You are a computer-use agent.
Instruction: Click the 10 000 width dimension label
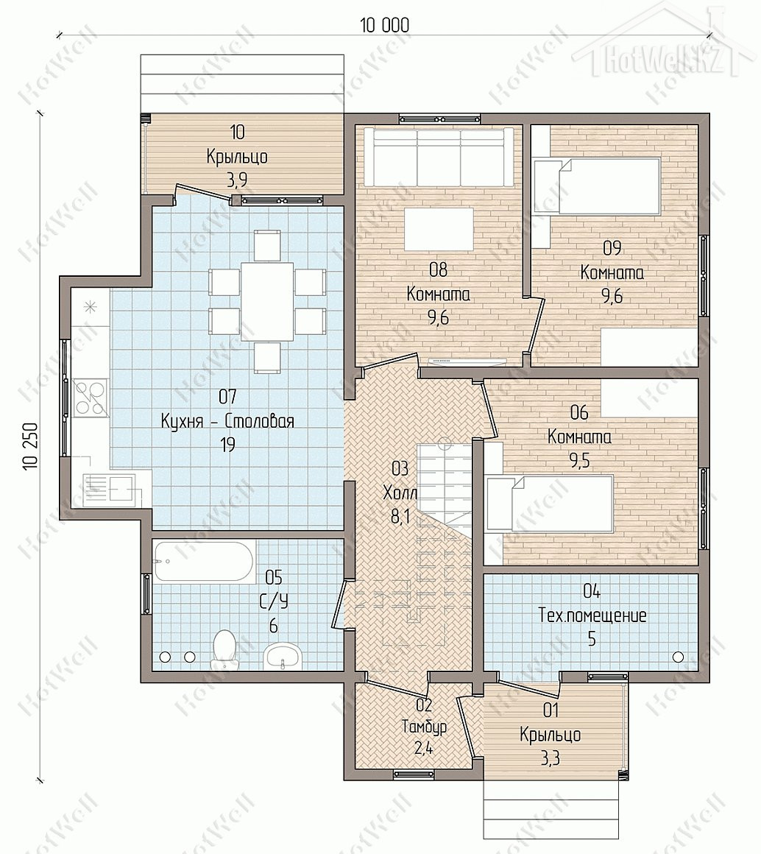point(384,25)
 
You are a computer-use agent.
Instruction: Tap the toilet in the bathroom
point(224,648)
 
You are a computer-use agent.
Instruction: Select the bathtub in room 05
point(203,561)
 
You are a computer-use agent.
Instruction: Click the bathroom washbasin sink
point(281,655)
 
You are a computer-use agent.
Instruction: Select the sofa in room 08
point(439,156)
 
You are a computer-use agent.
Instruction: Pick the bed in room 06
point(550,504)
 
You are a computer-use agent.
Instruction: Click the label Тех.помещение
point(592,615)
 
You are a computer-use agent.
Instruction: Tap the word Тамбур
point(424,727)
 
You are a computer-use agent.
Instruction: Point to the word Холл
point(400,493)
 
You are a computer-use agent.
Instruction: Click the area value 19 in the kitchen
point(227,445)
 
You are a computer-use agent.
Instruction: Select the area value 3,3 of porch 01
point(551,758)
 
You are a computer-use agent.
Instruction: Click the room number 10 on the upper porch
point(237,132)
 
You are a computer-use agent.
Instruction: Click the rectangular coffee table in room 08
point(439,227)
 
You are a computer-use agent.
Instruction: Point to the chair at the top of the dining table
point(267,245)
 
